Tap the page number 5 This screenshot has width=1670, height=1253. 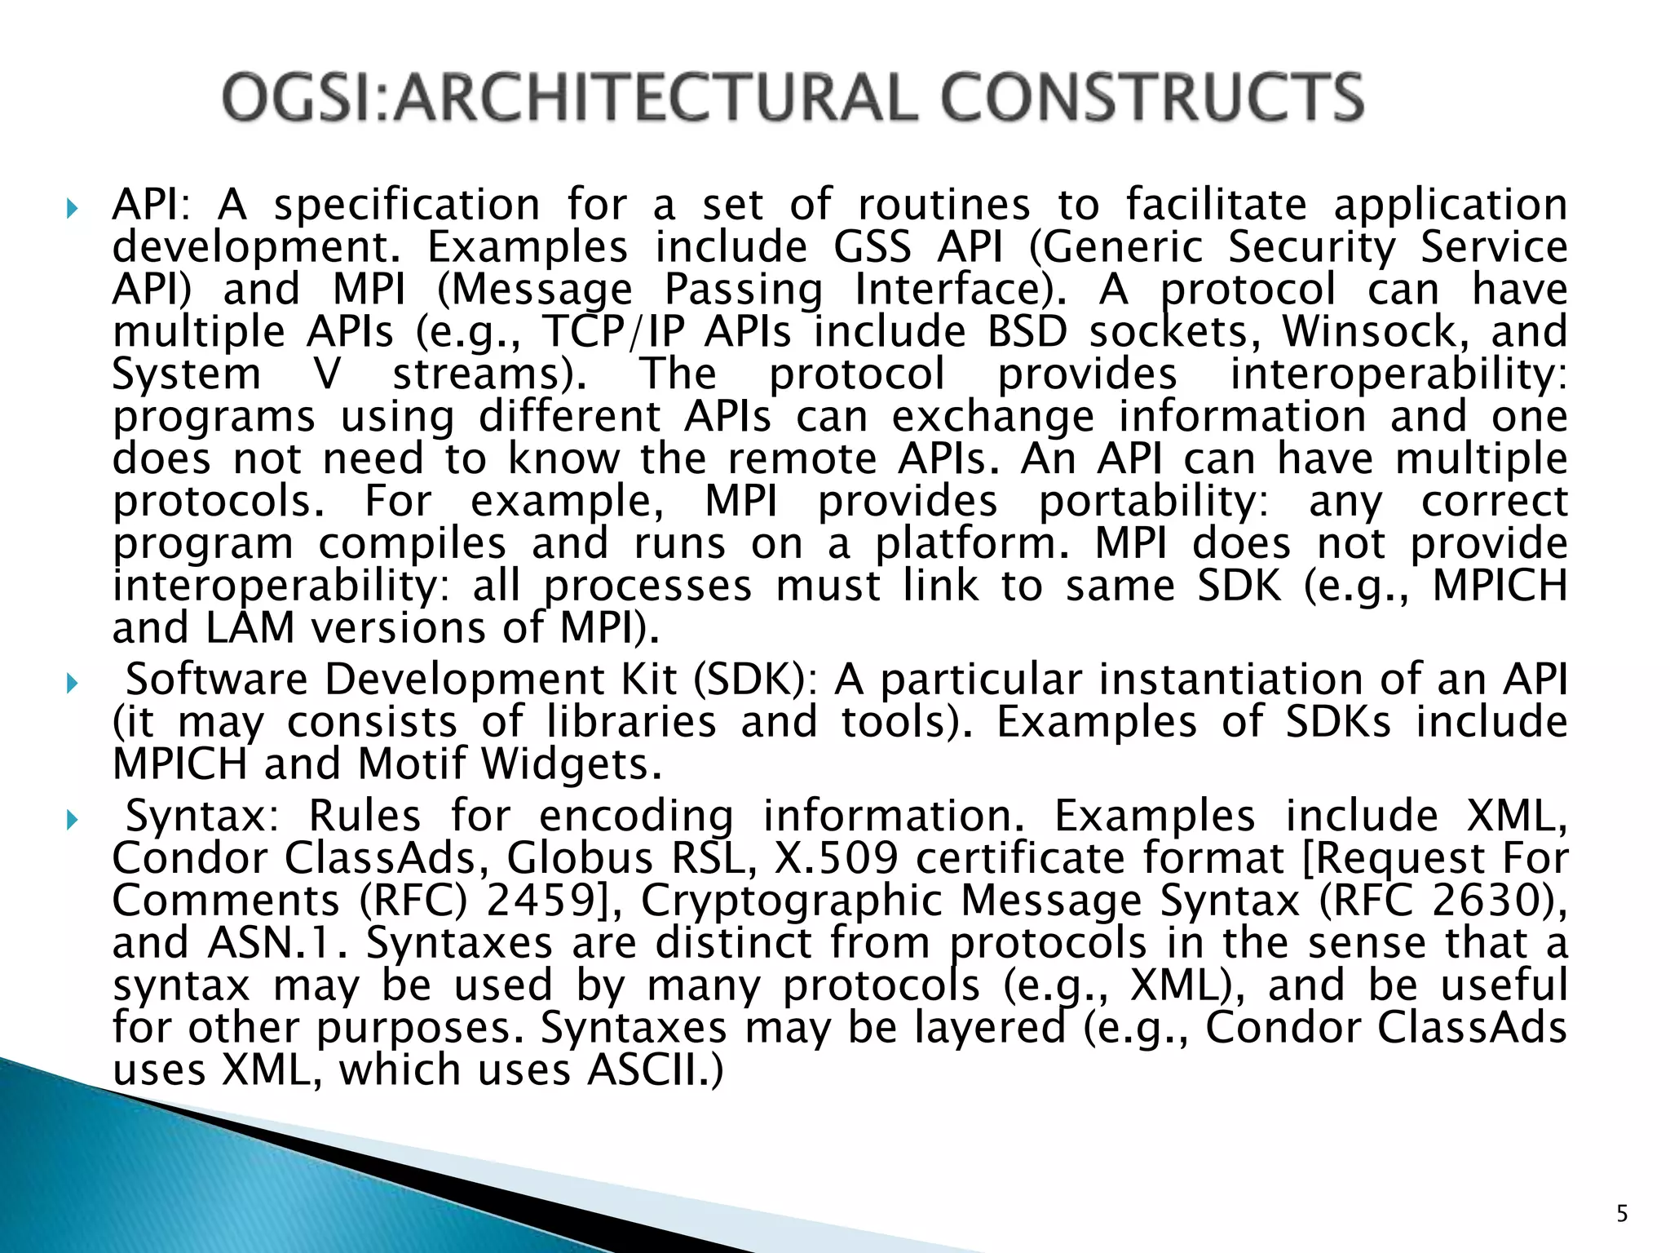tap(1622, 1214)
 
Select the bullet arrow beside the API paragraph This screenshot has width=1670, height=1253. tap(72, 208)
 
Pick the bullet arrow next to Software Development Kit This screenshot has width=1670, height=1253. tap(72, 683)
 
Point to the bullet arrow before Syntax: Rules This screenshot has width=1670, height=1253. tap(72, 819)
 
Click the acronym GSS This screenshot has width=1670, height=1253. tap(872, 247)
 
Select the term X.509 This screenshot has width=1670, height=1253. tap(836, 858)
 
